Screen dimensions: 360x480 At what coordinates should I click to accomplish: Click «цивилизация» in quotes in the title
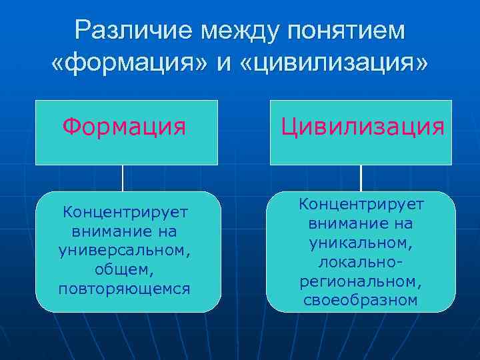click(331, 65)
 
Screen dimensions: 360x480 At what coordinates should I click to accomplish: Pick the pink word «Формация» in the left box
click(125, 125)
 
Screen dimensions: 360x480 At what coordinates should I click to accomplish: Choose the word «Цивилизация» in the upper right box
click(362, 126)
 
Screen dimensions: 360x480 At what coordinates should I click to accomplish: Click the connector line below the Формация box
click(123, 178)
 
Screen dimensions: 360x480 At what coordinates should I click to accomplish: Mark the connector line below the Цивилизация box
click(361, 178)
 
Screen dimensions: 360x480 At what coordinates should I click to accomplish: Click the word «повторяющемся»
click(125, 289)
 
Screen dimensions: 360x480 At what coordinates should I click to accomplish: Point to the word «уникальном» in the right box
click(361, 239)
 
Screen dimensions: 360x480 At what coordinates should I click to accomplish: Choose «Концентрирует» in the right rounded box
click(361, 203)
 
